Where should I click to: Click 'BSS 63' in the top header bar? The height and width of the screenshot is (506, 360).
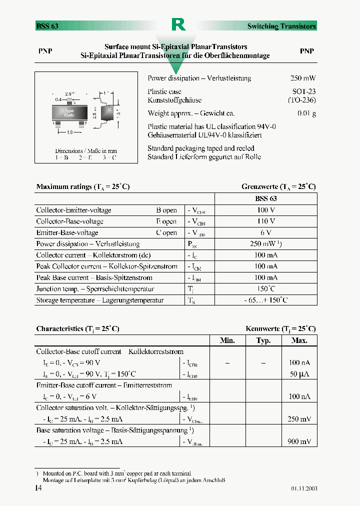click(47, 26)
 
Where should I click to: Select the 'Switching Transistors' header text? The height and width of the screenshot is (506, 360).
click(281, 26)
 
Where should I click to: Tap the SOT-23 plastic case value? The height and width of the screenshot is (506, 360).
click(304, 91)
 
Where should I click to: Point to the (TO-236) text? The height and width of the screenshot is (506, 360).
click(301, 100)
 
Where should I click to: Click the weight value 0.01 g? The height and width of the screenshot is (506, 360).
click(306, 113)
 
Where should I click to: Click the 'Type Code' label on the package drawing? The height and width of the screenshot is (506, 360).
click(69, 113)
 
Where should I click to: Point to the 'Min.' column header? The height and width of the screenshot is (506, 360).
click(227, 340)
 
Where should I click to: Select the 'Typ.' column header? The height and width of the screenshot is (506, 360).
click(263, 340)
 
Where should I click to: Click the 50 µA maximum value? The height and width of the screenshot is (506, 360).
click(299, 374)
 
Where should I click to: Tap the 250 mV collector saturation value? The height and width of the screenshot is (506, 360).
click(299, 419)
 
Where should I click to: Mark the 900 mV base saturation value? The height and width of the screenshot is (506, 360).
click(299, 442)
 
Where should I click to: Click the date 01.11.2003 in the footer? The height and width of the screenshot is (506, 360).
click(304, 489)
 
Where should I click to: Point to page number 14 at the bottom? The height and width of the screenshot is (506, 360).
click(38, 488)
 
